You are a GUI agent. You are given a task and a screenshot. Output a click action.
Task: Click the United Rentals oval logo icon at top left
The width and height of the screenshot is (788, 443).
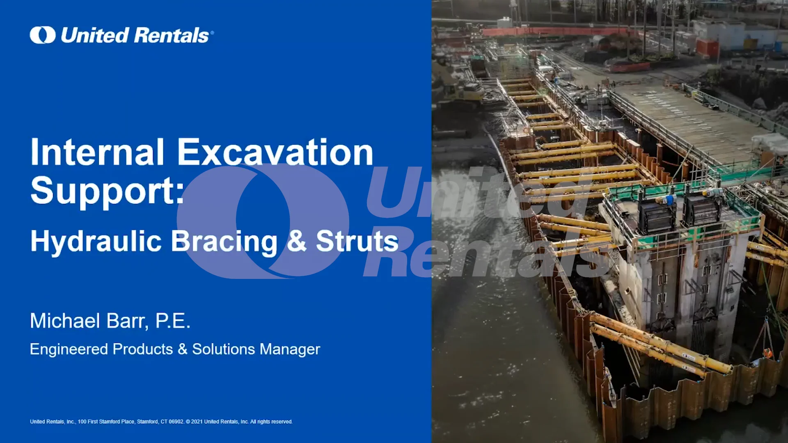[42, 35]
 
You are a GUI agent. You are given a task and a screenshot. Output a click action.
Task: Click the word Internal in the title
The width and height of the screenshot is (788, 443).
[97, 152]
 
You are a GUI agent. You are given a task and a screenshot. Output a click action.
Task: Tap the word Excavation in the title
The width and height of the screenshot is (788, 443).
[275, 152]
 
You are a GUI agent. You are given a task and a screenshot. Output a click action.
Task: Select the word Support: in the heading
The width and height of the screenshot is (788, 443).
[108, 191]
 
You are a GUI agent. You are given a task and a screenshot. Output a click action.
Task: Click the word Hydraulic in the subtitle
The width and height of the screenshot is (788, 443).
[96, 241]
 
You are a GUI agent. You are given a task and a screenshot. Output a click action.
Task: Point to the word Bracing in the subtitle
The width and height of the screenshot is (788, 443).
[224, 241]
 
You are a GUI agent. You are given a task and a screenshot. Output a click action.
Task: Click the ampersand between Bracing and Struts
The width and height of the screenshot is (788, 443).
[296, 241]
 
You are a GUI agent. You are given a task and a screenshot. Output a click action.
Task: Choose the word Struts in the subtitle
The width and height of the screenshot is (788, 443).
[357, 241]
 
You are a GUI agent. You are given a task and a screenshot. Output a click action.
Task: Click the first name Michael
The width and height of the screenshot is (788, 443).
[65, 321]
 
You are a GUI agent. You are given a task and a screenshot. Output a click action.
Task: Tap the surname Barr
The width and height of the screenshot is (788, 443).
[127, 321]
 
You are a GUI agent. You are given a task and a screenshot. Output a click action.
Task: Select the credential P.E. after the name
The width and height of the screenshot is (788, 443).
[173, 321]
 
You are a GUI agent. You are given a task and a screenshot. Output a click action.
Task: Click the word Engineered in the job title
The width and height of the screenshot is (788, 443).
[69, 349]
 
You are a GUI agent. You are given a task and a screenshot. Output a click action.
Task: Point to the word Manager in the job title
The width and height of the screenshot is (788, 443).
[290, 349]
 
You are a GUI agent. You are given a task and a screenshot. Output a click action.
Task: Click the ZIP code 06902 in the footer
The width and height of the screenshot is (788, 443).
[176, 422]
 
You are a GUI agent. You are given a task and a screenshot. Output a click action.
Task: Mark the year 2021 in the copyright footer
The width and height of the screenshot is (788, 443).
[197, 422]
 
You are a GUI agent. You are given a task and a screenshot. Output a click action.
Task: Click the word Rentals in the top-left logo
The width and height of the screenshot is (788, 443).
[172, 35]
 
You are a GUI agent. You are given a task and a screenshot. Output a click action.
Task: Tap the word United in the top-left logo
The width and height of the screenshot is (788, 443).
[95, 35]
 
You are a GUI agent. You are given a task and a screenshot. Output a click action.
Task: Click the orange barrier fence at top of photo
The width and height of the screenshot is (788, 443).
[554, 32]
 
